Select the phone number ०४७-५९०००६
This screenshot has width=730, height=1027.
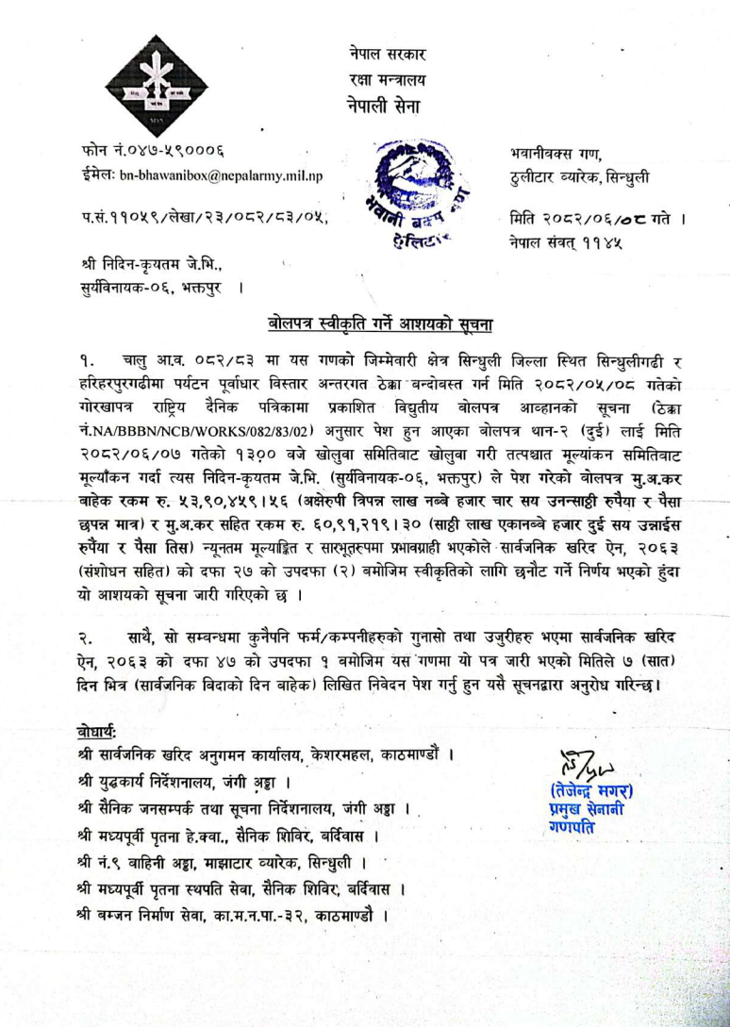[157, 151]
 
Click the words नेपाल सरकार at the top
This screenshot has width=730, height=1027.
[381, 55]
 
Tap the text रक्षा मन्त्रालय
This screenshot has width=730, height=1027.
[381, 80]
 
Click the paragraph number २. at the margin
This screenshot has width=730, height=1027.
[88, 638]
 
